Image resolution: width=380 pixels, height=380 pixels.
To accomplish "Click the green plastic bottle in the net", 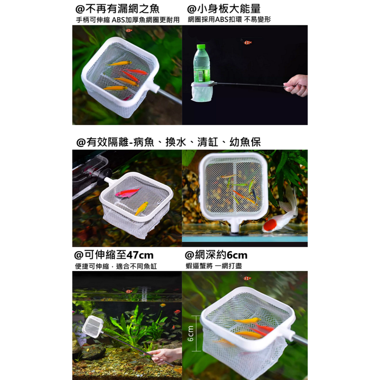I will tap(201, 65).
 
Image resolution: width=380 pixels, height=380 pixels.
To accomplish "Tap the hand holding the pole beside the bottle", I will tap(296, 85).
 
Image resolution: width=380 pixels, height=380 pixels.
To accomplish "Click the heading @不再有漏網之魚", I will tap(118, 9).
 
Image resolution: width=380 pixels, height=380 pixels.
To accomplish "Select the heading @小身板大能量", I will tap(224, 9).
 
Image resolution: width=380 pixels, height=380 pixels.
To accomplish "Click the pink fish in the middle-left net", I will tap(127, 193).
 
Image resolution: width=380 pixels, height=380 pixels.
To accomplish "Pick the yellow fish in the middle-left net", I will tap(141, 208).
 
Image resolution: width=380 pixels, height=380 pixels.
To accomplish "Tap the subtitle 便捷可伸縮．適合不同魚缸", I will tap(116, 266).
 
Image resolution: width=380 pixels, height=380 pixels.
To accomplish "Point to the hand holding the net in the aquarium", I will tap(163, 355).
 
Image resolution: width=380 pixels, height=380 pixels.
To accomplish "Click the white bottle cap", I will tap(201, 47).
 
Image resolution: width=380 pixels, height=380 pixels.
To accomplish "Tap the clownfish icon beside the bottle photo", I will tap(248, 43).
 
